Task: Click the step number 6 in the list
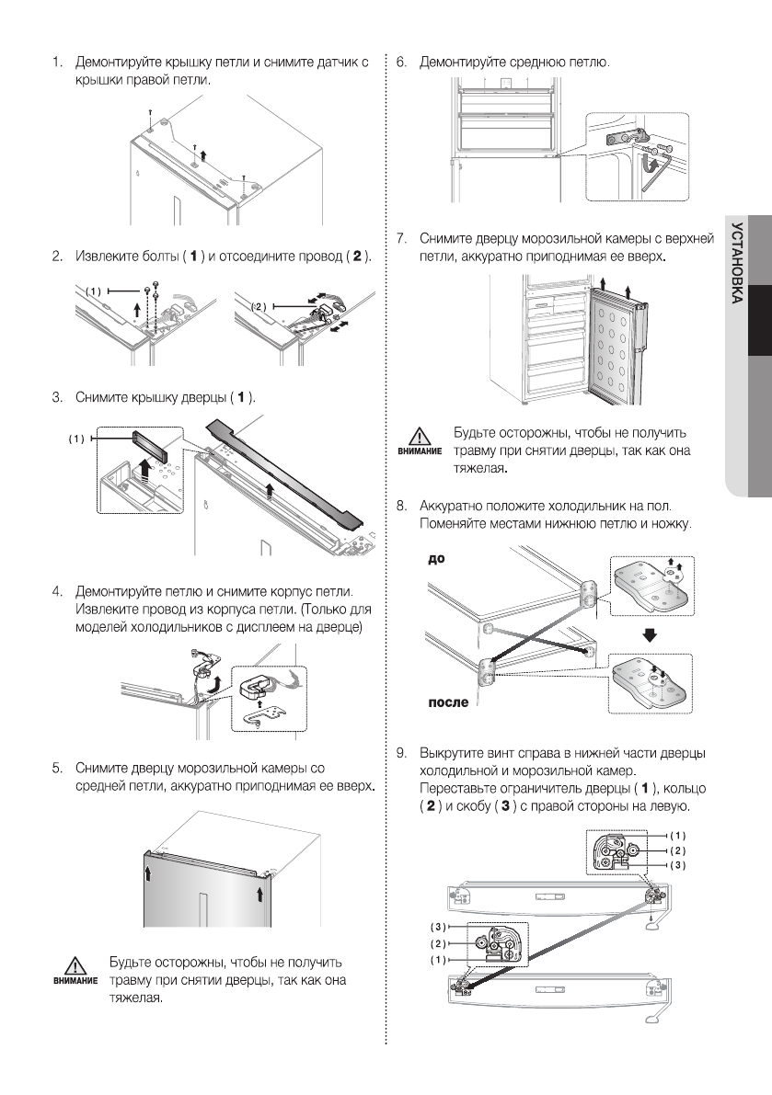[401, 63]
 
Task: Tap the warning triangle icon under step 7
[420, 436]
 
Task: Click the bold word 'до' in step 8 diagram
[437, 558]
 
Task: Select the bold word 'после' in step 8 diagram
[448, 703]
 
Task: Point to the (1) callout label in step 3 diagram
[77, 439]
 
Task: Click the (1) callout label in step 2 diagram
[93, 291]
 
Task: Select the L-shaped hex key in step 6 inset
[654, 171]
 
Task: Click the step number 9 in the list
[401, 753]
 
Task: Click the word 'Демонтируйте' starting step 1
[119, 63]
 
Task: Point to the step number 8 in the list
[401, 506]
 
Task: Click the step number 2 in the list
[57, 255]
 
